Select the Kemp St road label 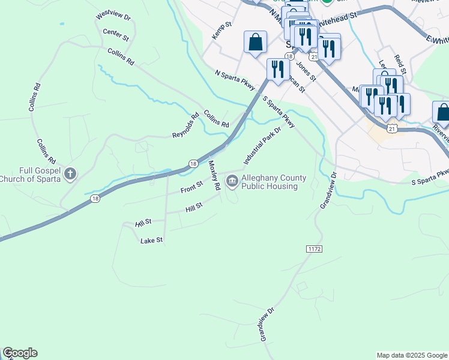point(221,31)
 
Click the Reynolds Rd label point(185,126)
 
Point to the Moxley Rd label point(214,175)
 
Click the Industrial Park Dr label point(262,146)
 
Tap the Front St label point(192,189)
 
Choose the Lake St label point(151,241)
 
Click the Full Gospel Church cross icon point(70,175)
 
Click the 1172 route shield point(314,248)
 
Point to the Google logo point(20,353)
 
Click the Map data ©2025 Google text point(412,355)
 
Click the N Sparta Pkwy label point(235,81)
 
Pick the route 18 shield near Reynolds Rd point(192,163)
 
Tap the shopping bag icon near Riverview point(442,112)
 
